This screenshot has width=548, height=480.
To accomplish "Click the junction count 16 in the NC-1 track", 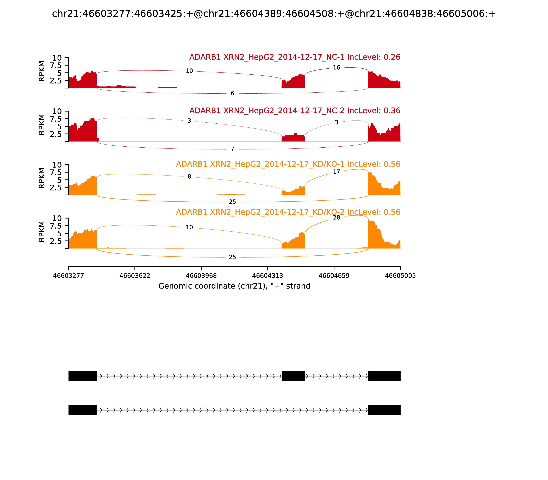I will (x=336, y=68).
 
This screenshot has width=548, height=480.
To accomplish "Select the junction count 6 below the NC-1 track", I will (x=232, y=93).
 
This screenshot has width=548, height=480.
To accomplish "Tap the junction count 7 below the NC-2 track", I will (x=232, y=149).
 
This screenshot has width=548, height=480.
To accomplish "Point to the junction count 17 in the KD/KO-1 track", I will (x=336, y=172).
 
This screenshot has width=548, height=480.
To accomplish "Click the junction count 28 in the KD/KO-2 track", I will (x=336, y=218).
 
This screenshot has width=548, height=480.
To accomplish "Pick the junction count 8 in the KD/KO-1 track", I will (x=189, y=177).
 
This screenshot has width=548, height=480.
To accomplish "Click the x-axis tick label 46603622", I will (x=135, y=276).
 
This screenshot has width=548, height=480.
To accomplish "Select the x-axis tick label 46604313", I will (x=267, y=276).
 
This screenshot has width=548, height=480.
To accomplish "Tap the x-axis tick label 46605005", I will (x=400, y=276).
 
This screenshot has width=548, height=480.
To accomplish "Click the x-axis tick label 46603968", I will (x=201, y=276).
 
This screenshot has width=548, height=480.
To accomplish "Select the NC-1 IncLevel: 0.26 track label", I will (x=295, y=57).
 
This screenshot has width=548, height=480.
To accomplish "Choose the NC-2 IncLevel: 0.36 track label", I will (x=295, y=111).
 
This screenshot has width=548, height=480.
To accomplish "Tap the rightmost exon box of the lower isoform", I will (x=384, y=410).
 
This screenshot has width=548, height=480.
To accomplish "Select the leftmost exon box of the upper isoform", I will (x=82, y=376).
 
